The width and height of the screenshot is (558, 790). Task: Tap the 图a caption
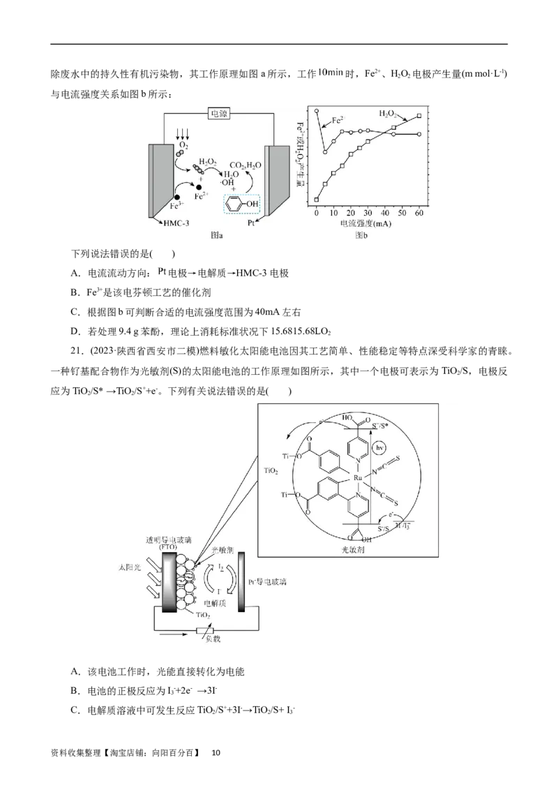point(217,236)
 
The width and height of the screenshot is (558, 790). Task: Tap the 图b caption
point(361,236)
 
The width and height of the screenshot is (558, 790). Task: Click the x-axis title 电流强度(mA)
point(365,224)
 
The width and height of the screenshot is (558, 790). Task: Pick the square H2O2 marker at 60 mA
point(418,116)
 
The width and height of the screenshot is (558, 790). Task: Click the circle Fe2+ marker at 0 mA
point(317,110)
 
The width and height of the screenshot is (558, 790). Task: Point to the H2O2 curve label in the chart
point(391,112)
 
